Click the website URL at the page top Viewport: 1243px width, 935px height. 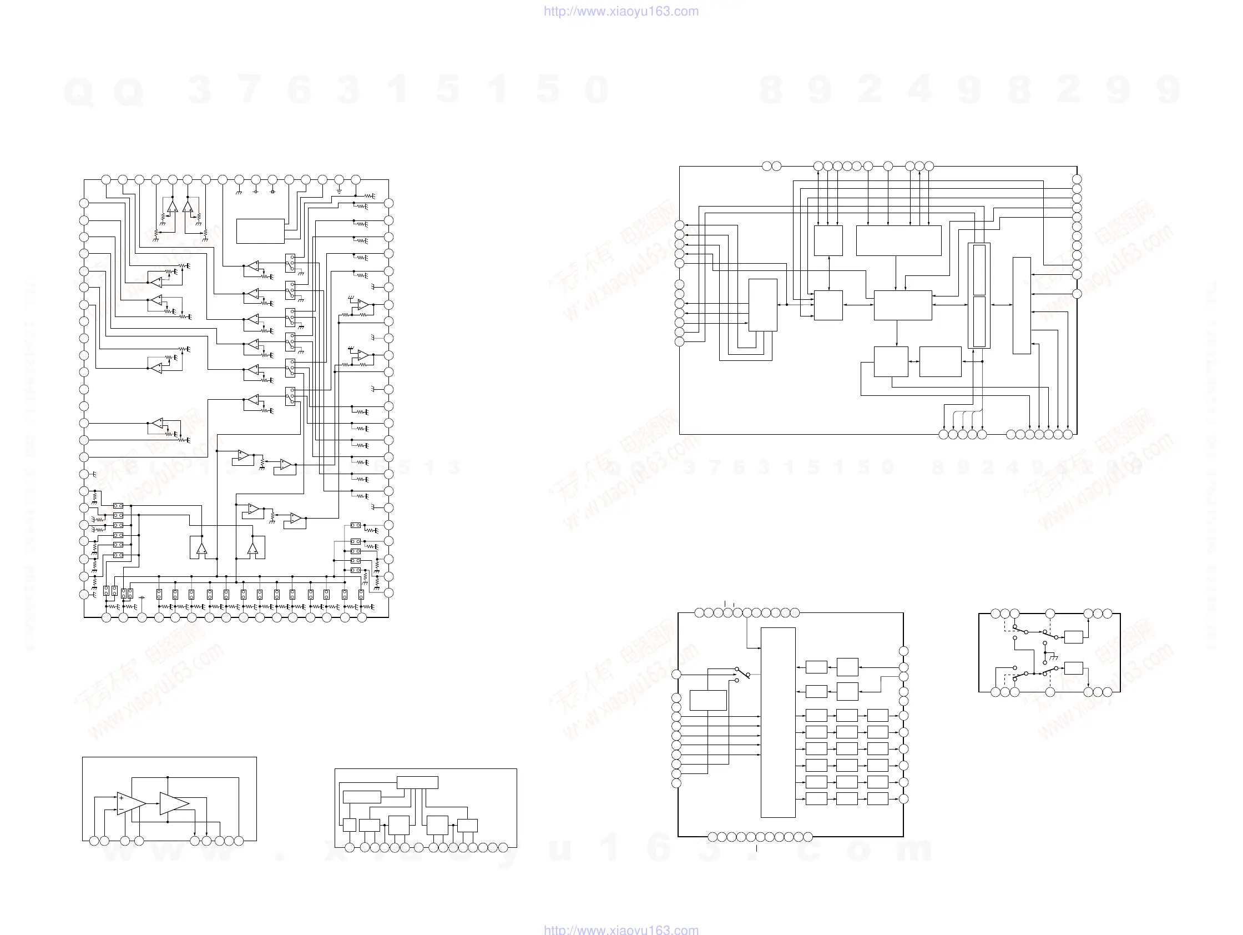621,11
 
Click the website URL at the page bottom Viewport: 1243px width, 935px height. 621,929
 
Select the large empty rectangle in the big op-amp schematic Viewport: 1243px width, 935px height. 260,231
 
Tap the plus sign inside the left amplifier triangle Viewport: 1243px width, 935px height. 122,798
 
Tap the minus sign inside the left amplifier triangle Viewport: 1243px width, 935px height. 122,810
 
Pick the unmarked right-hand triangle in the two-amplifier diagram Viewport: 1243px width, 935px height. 173,803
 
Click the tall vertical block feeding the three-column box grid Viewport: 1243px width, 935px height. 778,722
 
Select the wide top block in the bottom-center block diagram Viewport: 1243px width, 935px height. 417,782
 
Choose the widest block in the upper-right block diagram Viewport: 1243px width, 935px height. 898,240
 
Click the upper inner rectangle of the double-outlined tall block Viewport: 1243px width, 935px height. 979,270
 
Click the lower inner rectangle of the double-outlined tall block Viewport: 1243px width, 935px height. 979,321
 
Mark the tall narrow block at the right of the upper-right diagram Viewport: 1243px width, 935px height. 1021,305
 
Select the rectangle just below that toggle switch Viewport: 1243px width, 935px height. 708,700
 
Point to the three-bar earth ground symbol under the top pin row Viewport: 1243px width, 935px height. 339,191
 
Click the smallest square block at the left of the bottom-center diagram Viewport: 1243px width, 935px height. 350,825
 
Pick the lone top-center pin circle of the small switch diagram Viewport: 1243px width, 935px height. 1050,614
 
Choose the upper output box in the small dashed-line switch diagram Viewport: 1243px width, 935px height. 1073,637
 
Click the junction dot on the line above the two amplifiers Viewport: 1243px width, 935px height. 168,777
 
